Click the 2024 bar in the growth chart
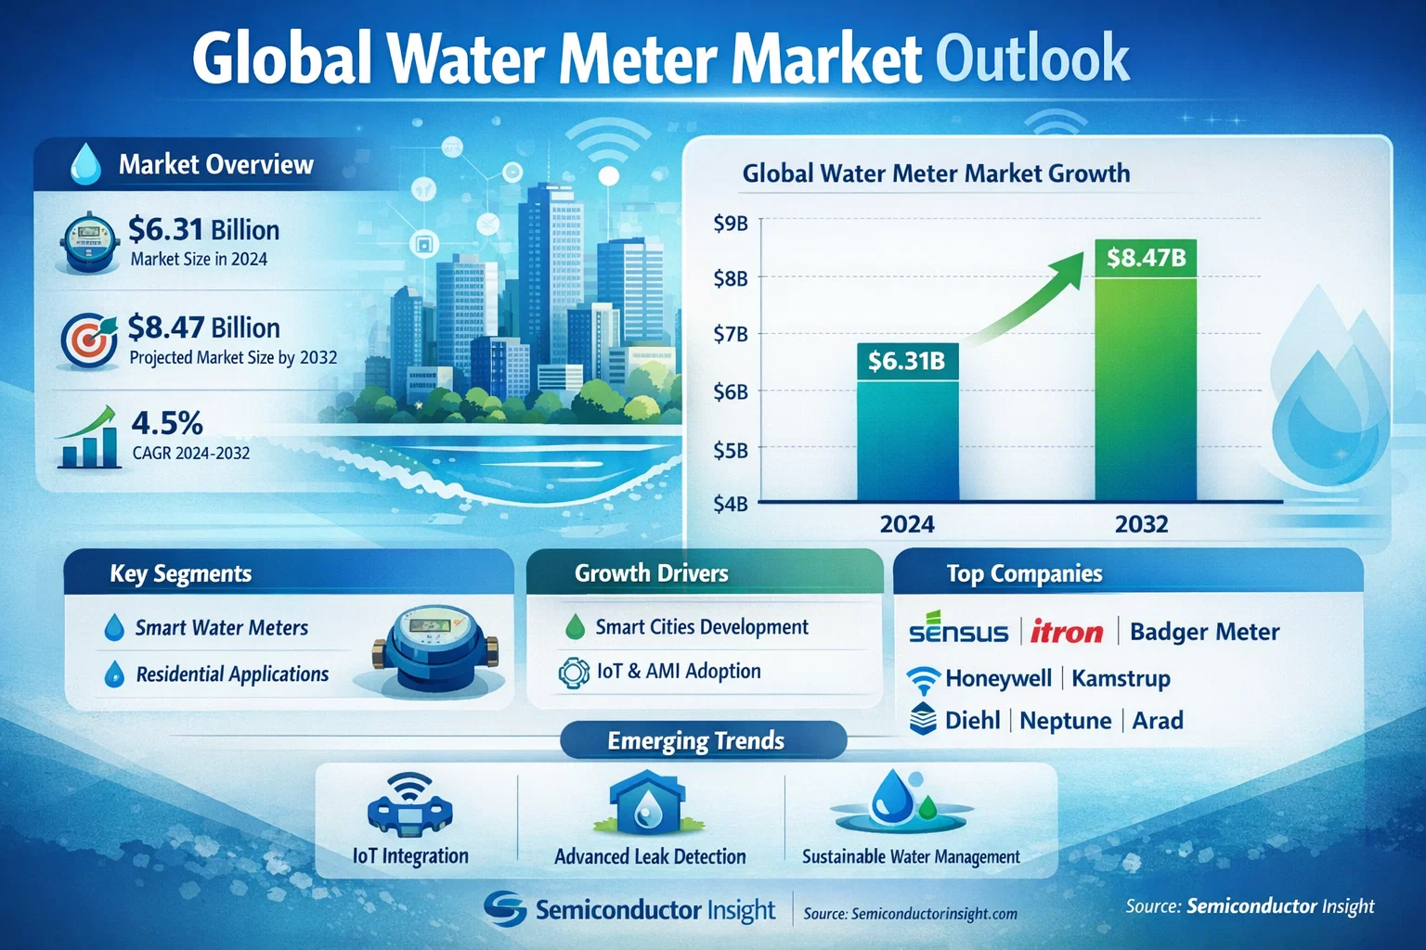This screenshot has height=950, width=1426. [907, 436]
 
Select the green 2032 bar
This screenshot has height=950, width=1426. [1146, 390]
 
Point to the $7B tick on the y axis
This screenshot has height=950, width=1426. [731, 334]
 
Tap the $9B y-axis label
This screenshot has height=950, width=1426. [731, 223]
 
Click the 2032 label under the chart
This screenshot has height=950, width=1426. [1141, 524]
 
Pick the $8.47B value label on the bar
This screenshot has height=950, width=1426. [1146, 257]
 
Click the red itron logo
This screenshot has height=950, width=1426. [1067, 632]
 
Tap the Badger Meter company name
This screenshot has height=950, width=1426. [1204, 632]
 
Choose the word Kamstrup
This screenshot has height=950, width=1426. [1121, 678]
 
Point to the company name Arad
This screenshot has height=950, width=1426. [1157, 721]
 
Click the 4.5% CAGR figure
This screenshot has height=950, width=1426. [167, 423]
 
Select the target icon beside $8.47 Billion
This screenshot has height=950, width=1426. [88, 340]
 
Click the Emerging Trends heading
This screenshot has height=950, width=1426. [695, 740]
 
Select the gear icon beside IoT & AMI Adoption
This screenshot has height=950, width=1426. [574, 672]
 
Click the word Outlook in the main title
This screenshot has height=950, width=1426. [1031, 59]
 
